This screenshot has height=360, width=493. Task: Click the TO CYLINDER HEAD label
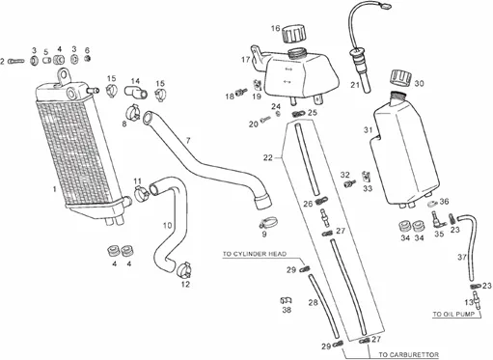(255, 254)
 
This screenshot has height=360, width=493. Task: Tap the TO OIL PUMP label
(453, 314)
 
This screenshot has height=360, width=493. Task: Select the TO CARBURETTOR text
(408, 355)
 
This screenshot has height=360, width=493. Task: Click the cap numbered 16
(293, 33)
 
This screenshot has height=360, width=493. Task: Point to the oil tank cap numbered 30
(401, 78)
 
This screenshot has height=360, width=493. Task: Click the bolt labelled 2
(16, 61)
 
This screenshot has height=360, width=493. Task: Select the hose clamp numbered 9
(269, 222)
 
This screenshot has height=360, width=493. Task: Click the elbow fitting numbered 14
(136, 91)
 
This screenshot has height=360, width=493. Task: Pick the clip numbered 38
(287, 300)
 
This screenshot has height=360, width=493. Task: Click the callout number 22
(267, 157)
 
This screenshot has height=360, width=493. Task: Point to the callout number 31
(368, 130)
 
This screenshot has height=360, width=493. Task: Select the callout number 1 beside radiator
(55, 189)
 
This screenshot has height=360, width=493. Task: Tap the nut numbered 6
(87, 58)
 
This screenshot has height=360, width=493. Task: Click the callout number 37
(462, 257)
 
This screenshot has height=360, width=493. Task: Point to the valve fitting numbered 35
(437, 219)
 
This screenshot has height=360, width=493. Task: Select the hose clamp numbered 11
(141, 194)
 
